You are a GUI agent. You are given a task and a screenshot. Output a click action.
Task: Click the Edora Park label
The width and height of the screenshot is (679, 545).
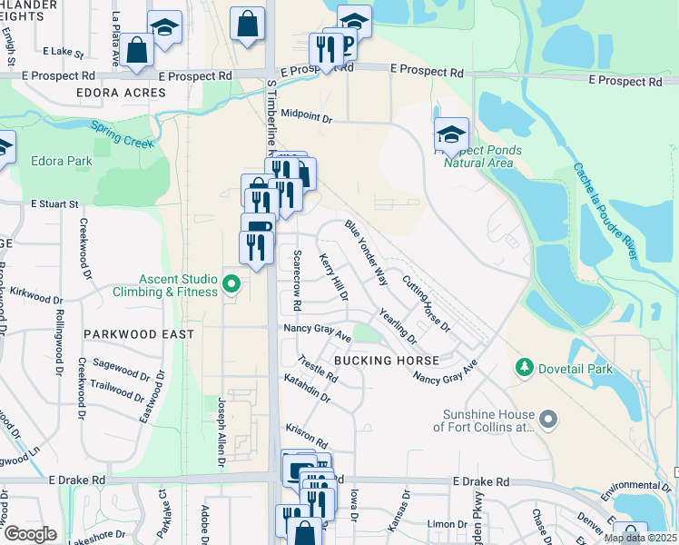62,161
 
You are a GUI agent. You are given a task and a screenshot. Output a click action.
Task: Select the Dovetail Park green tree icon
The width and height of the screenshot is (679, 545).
524,368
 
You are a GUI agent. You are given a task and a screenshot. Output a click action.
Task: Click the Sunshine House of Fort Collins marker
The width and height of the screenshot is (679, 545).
547,420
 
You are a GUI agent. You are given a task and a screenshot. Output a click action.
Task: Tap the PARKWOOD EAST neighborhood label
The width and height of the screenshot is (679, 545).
139,334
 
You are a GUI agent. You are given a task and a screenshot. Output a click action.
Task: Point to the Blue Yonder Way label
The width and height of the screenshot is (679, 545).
366,253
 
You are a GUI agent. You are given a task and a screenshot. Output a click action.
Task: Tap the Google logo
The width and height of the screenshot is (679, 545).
30,534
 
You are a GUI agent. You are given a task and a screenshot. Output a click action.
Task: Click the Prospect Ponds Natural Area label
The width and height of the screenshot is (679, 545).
478,157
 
